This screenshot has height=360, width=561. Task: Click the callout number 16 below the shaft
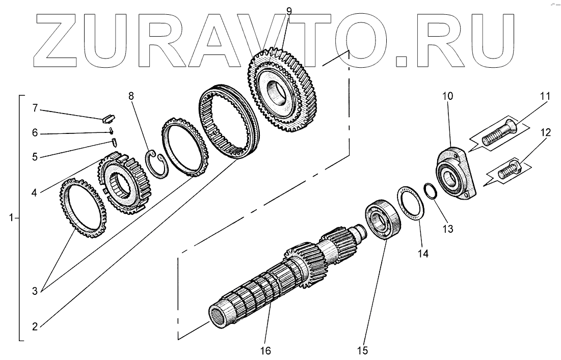click(x=265, y=350)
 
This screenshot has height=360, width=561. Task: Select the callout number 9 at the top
click(x=289, y=10)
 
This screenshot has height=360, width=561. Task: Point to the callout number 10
click(x=447, y=96)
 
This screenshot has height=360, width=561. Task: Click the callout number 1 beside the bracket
click(x=11, y=218)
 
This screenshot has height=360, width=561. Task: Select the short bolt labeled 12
click(x=510, y=170)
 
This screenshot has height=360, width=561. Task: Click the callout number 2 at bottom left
click(x=35, y=327)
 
